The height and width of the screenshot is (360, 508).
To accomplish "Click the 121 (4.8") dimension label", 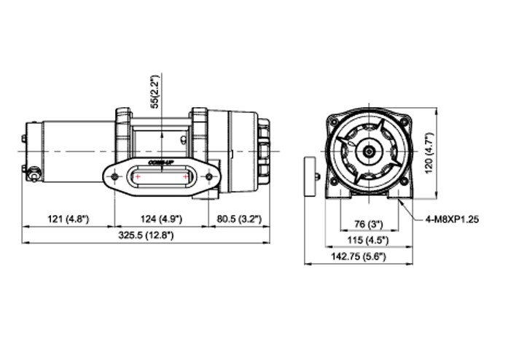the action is (x=68, y=219).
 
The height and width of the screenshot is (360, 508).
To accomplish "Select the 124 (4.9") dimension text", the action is (x=161, y=219).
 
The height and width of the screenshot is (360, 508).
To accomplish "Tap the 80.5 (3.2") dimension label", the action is (x=239, y=219).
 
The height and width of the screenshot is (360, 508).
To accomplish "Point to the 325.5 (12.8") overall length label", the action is (x=146, y=235).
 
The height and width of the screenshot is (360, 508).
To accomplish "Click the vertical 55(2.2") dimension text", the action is (x=156, y=92).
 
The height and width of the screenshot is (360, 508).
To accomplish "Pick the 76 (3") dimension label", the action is (x=368, y=224).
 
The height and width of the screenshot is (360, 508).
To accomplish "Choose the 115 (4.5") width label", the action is (x=368, y=240).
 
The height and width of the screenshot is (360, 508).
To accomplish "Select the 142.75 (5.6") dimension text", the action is (x=359, y=257).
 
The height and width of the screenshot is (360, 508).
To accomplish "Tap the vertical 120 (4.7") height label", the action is (x=429, y=152).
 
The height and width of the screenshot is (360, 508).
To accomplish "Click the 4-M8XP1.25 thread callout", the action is (x=452, y=219).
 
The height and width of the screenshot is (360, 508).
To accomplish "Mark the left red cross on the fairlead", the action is (x=138, y=176).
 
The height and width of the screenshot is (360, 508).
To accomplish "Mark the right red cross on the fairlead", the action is (x=185, y=176).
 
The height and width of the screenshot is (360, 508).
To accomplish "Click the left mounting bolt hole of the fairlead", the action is (x=114, y=176).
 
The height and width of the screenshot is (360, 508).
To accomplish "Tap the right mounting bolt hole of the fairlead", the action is (x=209, y=176).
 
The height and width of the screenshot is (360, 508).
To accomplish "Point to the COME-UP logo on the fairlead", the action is (x=160, y=162).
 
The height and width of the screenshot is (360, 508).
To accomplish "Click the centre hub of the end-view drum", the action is (x=369, y=151).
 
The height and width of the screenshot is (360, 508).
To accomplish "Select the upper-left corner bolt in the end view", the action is (x=334, y=122).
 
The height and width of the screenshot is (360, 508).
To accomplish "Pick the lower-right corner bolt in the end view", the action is (x=404, y=183).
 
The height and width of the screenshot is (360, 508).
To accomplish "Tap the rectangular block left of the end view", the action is (x=310, y=176).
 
